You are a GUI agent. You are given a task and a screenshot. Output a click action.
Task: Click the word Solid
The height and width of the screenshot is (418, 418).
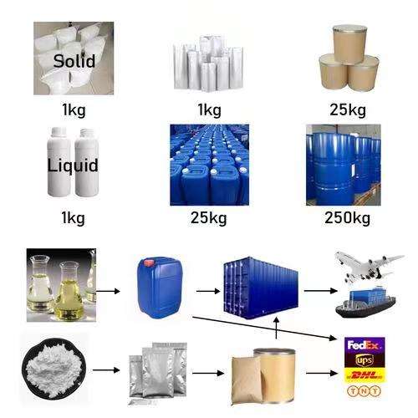tap(74, 61)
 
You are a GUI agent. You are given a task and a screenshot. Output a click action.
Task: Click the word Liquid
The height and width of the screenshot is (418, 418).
tap(73, 166)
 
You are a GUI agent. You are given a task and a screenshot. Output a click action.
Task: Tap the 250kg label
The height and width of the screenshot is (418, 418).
tap(348, 218)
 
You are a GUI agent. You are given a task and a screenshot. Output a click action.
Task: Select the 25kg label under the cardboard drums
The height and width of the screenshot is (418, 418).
tap(348, 110)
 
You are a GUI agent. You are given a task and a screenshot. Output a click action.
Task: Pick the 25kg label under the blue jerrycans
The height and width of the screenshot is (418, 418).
tap(209, 218)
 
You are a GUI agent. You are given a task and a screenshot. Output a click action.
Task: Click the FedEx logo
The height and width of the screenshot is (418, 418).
tap(364, 345)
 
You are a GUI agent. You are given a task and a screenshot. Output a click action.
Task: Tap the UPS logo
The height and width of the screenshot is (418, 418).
tap(364, 360)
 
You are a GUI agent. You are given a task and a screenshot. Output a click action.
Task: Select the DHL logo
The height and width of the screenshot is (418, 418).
tap(364, 375)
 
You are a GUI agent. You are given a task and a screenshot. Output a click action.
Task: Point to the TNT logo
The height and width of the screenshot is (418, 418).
tap(364, 391)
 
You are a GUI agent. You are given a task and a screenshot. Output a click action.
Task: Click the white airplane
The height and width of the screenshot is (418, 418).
tap(368, 267)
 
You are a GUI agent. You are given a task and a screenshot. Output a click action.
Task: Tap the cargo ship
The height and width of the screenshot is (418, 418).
tap(365, 303)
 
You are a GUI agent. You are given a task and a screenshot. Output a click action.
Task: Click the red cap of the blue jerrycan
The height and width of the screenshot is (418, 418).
tap(149, 263)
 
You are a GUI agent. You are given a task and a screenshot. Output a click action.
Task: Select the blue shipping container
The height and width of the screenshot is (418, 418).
tap(261, 288)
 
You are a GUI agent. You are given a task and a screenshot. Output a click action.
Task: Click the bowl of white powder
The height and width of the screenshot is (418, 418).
tap(54, 367)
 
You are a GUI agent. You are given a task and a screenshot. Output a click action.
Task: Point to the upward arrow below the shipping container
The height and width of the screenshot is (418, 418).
tap(276, 328)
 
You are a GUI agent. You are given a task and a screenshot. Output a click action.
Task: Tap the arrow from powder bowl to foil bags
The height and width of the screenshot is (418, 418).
tap(106, 370)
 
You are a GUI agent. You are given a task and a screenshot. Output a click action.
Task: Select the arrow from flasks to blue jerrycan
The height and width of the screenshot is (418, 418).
tap(108, 292)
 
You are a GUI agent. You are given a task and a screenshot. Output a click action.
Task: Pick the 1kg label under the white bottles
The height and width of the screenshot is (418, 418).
tap(73, 218)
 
